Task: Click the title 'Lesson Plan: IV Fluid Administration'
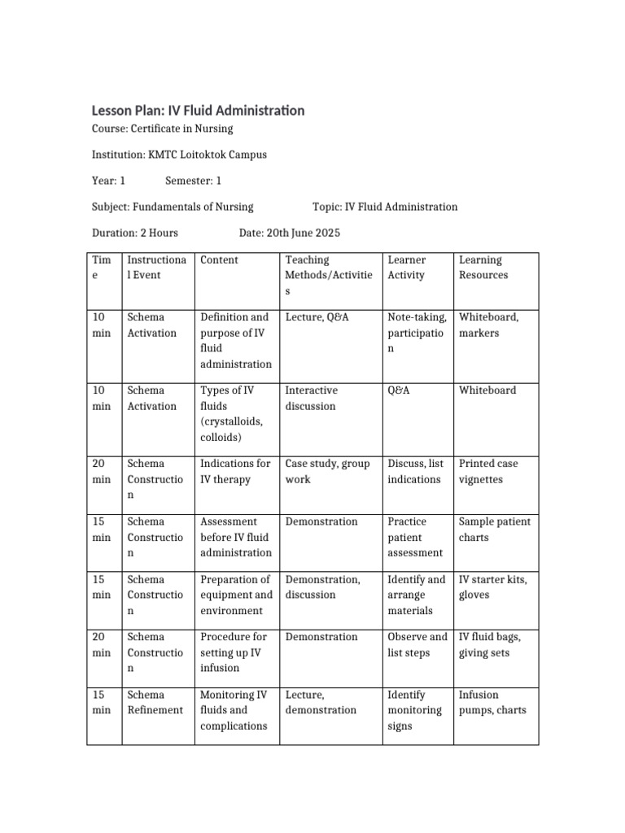coord(199,110)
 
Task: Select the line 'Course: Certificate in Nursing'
coord(163,129)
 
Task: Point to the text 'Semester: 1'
coord(193,181)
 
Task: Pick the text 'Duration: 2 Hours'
coord(135,233)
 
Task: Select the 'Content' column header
coord(219,260)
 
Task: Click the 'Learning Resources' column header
coord(483,268)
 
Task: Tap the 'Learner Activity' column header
coord(407,268)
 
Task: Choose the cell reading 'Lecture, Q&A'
coord(317,317)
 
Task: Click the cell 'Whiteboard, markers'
coord(488,325)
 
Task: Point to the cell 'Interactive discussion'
coord(311,398)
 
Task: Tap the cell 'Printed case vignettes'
coord(488,471)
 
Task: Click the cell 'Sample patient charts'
coord(494,529)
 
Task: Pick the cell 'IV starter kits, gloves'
coord(492,587)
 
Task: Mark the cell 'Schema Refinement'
coord(155,702)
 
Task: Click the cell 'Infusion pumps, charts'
coord(492,702)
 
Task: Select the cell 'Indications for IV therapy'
coord(235,471)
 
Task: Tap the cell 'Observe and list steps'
coord(417,644)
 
